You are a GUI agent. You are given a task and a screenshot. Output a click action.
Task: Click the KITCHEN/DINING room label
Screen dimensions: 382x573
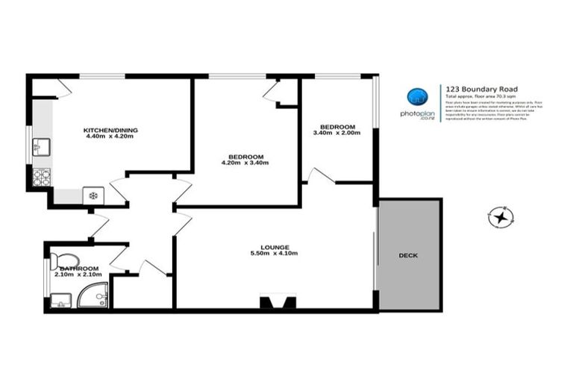tap(110, 130)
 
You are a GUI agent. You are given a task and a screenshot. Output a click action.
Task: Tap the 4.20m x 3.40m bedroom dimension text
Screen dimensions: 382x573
tap(245, 163)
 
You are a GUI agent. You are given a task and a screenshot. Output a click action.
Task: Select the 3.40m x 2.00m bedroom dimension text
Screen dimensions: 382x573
tap(336, 133)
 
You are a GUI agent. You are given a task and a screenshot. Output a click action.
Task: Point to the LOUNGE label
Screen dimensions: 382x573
tap(275, 247)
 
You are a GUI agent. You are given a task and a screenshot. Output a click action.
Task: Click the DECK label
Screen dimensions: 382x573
tap(408, 255)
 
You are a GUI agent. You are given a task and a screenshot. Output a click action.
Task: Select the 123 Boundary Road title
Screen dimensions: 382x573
tap(472, 87)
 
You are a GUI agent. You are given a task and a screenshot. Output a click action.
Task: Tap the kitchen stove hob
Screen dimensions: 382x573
tap(42, 177)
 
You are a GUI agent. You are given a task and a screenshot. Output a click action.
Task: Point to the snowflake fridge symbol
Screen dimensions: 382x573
tap(93, 195)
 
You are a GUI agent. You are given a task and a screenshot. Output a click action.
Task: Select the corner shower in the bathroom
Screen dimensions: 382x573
tap(97, 296)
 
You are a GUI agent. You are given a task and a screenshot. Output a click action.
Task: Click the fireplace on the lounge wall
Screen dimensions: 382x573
tap(273, 302)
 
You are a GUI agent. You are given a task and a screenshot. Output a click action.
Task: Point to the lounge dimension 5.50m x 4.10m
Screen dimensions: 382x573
tap(275, 254)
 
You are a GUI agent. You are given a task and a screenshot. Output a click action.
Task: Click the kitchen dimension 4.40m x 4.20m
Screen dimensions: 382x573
tap(110, 137)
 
